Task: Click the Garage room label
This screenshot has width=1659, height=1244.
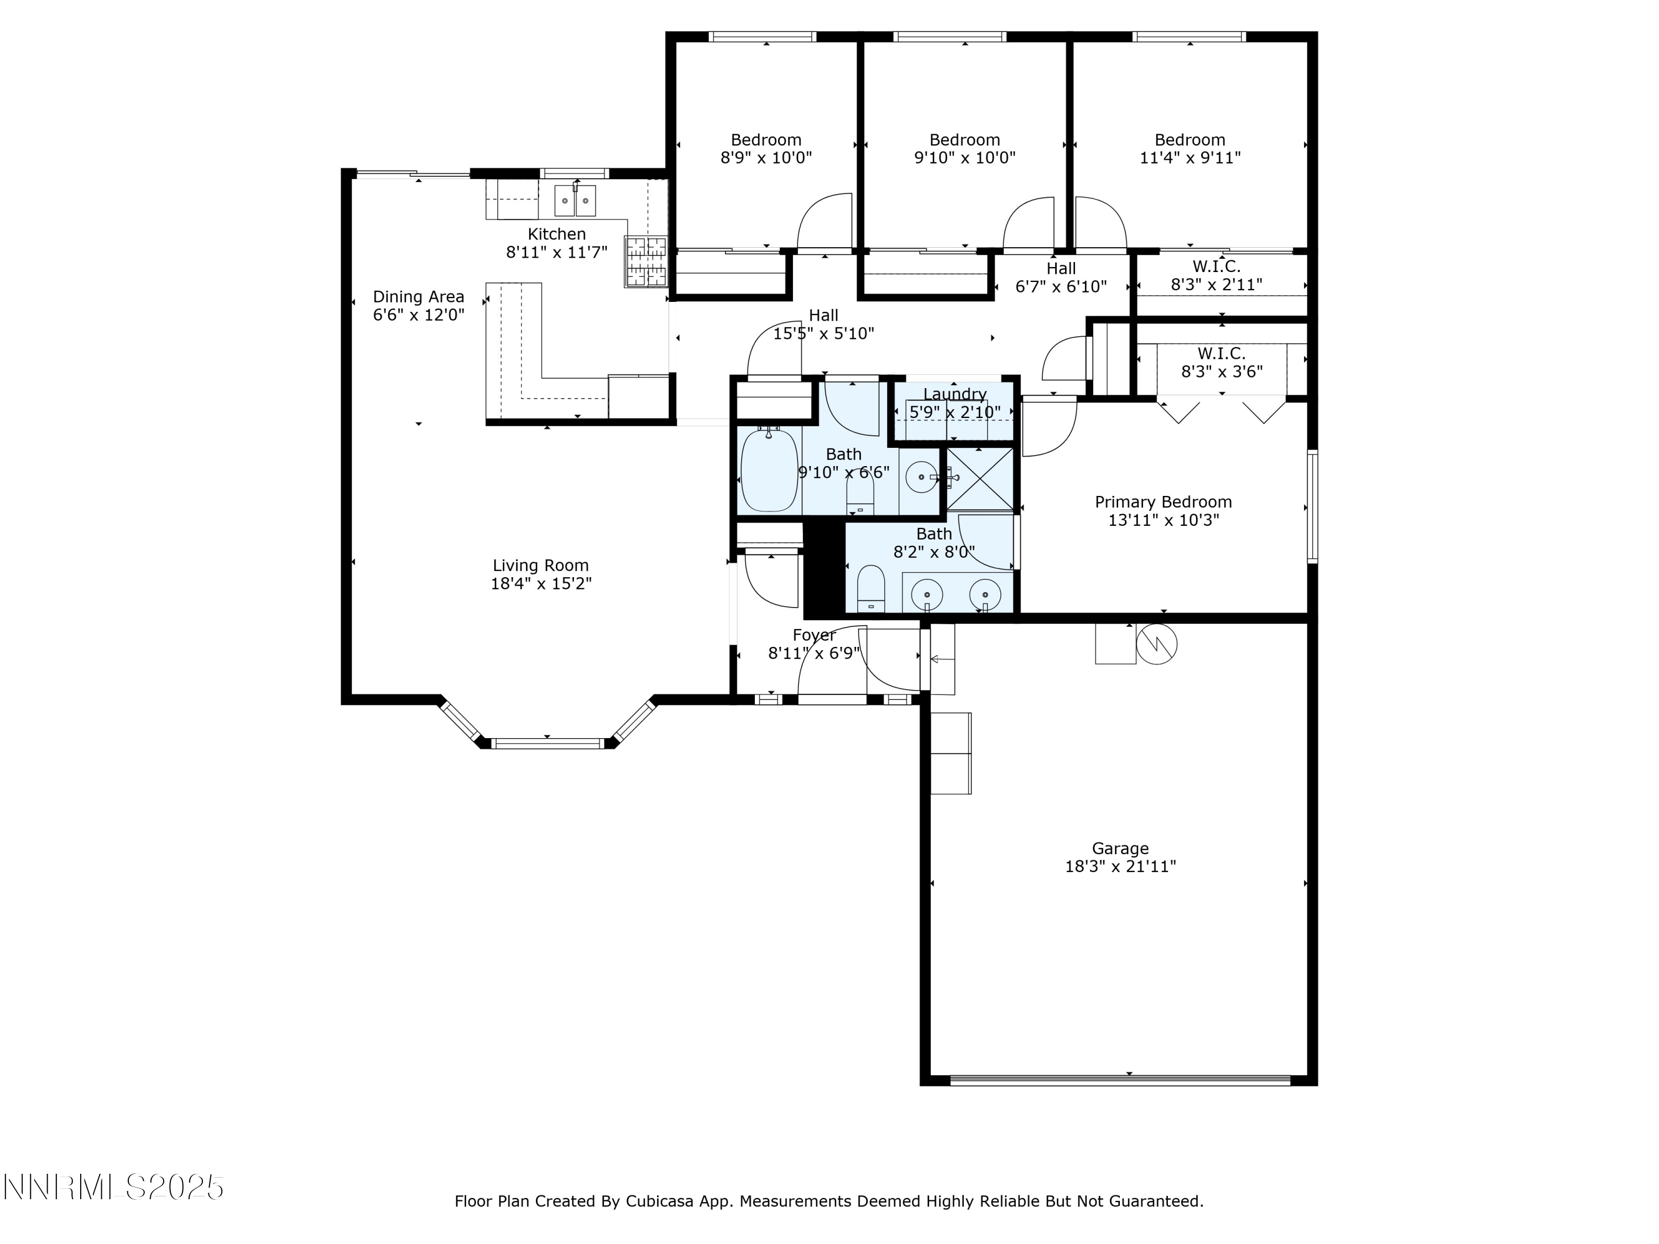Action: (1120, 848)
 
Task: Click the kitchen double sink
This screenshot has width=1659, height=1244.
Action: (575, 200)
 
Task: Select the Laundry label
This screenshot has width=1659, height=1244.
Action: (954, 394)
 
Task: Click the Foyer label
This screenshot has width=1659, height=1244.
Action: (814, 635)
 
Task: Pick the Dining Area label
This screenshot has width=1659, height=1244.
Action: (419, 296)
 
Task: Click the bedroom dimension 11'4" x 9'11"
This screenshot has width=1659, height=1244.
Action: (1190, 158)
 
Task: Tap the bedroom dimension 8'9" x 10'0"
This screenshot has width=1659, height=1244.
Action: (766, 158)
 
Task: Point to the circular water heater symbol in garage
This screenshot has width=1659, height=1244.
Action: (1156, 644)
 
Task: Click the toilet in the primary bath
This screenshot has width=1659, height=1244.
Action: (871, 587)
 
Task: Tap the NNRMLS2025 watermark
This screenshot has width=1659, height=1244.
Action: (113, 1187)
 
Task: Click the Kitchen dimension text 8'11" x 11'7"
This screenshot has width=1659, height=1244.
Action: (556, 252)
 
